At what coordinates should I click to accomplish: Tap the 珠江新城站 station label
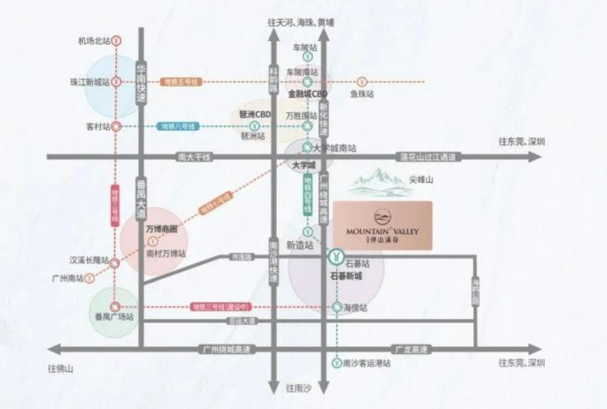pyautogui.click(x=89, y=82)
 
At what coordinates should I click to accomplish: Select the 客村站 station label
pyautogui.click(x=97, y=127)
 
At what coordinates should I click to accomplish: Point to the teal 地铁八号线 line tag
pyautogui.click(x=178, y=127)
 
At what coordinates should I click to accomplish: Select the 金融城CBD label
pyautogui.click(x=308, y=94)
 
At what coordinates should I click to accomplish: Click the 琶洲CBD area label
pyautogui.click(x=255, y=114)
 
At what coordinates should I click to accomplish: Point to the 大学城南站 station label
pyautogui.click(x=335, y=148)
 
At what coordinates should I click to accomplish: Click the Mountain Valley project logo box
pyautogui.click(x=382, y=225)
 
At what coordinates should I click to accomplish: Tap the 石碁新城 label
pyautogui.click(x=345, y=276)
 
